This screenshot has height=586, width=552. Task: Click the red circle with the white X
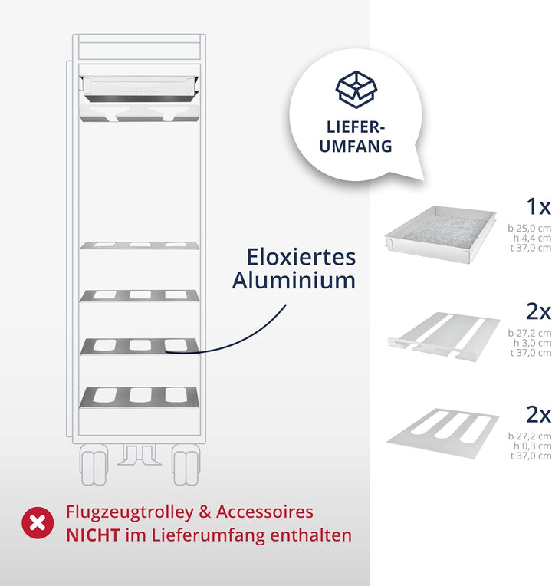(38, 523)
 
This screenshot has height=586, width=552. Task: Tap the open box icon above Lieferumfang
(356, 89)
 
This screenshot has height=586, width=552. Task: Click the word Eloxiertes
(301, 257)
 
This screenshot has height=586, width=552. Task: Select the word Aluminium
(294, 280)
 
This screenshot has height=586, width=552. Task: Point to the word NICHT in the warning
(93, 535)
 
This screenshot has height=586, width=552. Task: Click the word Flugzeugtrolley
(130, 512)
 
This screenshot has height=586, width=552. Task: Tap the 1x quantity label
(538, 206)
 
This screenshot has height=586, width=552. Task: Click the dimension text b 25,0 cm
(529, 228)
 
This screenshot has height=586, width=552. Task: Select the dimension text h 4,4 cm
(532, 238)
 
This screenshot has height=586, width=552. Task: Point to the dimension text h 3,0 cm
(532, 343)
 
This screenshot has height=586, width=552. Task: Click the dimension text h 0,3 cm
(532, 446)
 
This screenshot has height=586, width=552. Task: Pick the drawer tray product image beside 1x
(441, 235)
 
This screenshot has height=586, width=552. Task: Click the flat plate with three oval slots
(443, 433)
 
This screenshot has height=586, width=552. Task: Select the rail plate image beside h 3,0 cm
(444, 337)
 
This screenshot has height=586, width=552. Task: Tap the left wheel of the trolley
(94, 465)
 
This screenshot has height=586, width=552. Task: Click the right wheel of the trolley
(186, 465)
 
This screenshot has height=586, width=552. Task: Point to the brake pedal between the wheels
(140, 455)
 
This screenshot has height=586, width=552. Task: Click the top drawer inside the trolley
(139, 89)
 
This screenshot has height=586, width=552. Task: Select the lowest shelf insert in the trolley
(139, 397)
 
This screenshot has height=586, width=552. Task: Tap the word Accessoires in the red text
(264, 512)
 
